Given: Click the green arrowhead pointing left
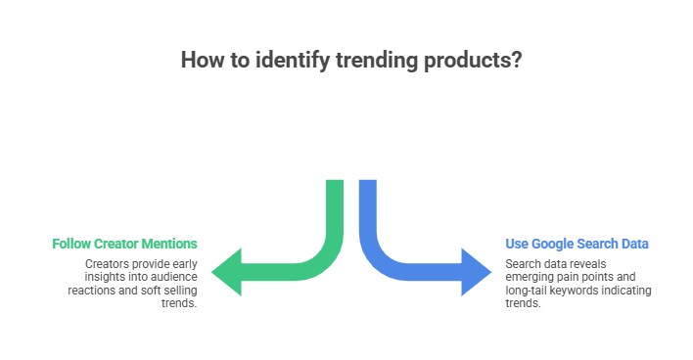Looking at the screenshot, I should pyautogui.click(x=227, y=271).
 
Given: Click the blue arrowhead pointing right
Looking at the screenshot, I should pyautogui.click(x=476, y=271).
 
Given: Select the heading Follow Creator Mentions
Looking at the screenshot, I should pyautogui.click(x=124, y=244).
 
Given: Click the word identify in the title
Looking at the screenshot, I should pyautogui.click(x=289, y=60).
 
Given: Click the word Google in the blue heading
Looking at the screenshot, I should pyautogui.click(x=556, y=244).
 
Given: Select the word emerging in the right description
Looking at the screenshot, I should pyautogui.click(x=528, y=278).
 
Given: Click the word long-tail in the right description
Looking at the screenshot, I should pyautogui.click(x=530, y=292).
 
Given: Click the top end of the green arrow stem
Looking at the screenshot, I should pyautogui.click(x=335, y=183).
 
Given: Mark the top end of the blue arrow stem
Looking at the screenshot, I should pyautogui.click(x=368, y=183).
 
